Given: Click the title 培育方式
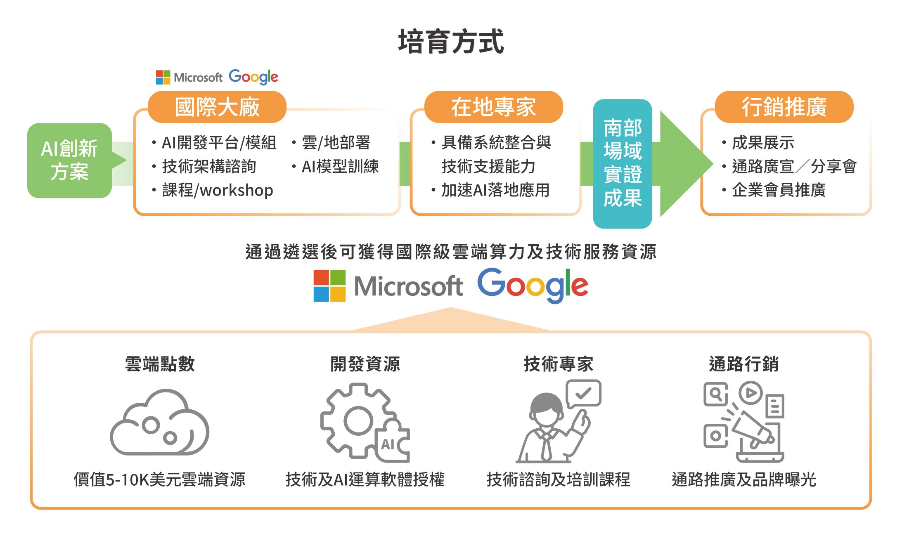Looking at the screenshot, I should (451, 42).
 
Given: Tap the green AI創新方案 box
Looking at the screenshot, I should (69, 161).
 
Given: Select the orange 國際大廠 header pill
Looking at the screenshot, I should (217, 107).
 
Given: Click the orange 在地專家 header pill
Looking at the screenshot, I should (493, 107).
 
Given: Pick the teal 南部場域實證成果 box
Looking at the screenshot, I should (623, 163).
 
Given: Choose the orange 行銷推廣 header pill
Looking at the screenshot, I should (784, 107).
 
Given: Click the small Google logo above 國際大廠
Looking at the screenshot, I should (253, 77).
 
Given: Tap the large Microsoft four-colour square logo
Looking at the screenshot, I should (329, 286).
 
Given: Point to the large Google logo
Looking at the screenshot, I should (533, 286).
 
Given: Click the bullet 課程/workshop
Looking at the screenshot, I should (218, 190).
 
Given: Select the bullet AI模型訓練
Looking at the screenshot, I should (340, 167).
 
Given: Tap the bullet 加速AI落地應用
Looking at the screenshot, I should (495, 190).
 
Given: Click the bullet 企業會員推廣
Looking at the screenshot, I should (779, 190).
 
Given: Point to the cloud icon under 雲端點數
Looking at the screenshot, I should (159, 423).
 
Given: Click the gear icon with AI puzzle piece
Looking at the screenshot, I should (359, 421).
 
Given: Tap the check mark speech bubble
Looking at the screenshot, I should (583, 393).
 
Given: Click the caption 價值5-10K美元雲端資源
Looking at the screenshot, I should (159, 479).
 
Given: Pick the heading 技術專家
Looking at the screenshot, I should (558, 364).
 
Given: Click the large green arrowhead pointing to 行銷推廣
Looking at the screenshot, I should (683, 164).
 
